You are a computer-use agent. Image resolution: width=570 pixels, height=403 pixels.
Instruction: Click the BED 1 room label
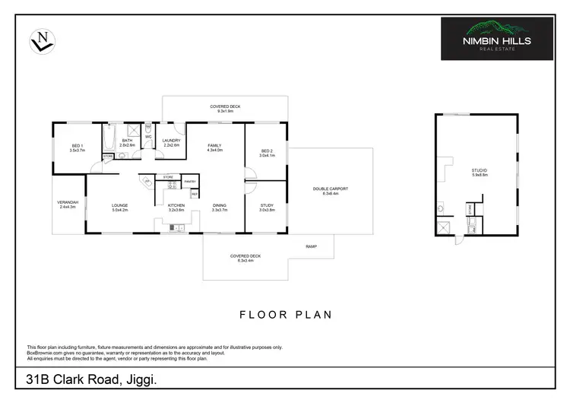pyautogui.click(x=77, y=148)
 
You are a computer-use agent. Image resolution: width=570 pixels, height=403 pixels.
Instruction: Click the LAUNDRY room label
pyautogui.click(x=170, y=142)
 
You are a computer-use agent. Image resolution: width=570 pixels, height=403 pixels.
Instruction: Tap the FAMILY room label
pyautogui.click(x=215, y=147)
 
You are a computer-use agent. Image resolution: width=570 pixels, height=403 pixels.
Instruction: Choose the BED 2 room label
pyautogui.click(x=266, y=152)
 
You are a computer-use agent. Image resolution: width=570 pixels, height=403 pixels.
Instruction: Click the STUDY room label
pyautogui.click(x=266, y=207)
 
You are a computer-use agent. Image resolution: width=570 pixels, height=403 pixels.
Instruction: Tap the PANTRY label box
pyautogui.click(x=190, y=182)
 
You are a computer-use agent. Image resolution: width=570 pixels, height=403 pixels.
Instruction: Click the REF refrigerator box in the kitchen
pyautogui.click(x=195, y=195)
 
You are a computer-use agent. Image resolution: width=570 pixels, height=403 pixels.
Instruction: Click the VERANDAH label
pyautogui.click(x=68, y=205)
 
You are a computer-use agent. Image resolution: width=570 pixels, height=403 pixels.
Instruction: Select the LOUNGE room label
pyautogui.click(x=120, y=207)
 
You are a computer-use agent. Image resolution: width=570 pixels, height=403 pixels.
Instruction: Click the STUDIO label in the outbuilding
pyautogui.click(x=479, y=172)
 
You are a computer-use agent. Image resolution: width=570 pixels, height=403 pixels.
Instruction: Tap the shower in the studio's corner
pyautogui.click(x=442, y=227)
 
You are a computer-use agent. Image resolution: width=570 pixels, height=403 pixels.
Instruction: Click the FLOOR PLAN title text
pyautogui.click(x=285, y=313)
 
